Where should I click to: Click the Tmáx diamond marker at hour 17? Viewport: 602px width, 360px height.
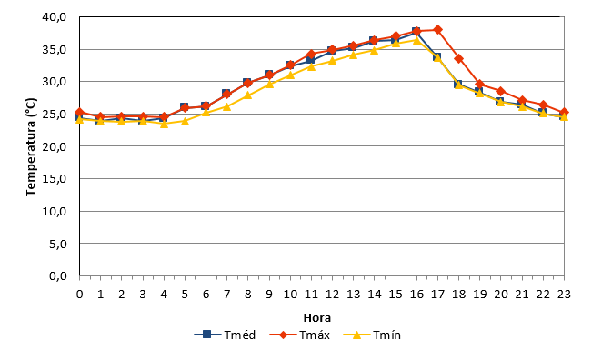[x=437, y=30]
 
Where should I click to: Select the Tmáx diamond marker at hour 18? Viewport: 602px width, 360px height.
[x=459, y=59]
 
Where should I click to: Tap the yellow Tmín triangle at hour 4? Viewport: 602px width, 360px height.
[x=164, y=124]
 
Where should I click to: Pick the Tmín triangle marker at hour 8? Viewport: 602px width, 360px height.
[x=248, y=95]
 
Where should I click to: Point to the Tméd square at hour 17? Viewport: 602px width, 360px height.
[x=436, y=56]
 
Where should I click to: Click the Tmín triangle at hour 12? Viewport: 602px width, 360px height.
[x=332, y=60]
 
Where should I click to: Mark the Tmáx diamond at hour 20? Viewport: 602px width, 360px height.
[x=501, y=91]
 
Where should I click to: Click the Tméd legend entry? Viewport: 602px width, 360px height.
[x=225, y=335]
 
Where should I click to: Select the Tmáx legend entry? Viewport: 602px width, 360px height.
[x=300, y=335]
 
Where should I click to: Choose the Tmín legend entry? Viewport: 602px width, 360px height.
[x=372, y=335]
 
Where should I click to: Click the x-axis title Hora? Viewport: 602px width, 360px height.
[x=317, y=318]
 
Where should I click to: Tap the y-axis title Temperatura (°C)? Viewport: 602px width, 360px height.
[x=31, y=146]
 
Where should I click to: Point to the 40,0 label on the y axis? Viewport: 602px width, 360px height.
[x=55, y=17]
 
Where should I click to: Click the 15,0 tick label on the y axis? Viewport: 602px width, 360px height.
[x=55, y=179]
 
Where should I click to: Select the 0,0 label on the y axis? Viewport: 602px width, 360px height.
[x=58, y=276]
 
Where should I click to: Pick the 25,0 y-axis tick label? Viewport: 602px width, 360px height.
[x=55, y=115]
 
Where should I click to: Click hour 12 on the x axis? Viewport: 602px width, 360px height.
[x=333, y=295]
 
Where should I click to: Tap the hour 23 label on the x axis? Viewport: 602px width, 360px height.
[x=564, y=295]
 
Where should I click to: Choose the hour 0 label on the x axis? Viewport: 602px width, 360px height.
[x=79, y=295]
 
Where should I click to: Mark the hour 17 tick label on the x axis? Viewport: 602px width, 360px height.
[x=437, y=295]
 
